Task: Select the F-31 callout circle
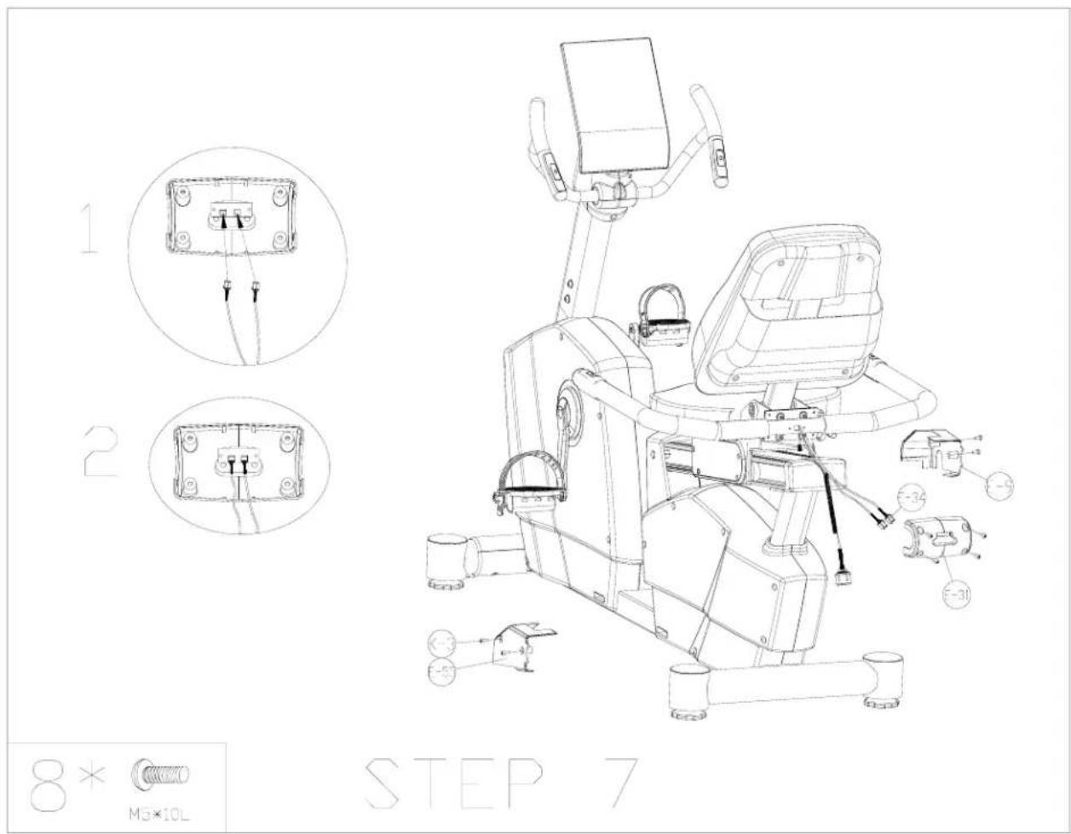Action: click(x=958, y=594)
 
